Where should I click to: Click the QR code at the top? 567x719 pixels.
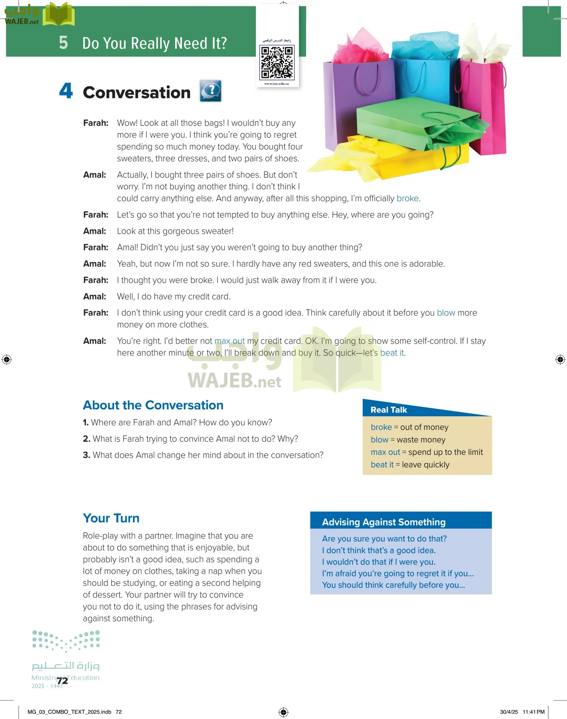(x=277, y=62)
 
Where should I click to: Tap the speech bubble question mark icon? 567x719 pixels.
(x=211, y=91)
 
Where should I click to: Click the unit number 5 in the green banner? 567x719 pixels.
(x=63, y=42)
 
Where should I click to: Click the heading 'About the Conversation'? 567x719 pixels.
(x=153, y=405)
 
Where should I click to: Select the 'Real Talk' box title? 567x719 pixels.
(x=389, y=410)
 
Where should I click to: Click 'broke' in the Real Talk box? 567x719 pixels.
(x=381, y=427)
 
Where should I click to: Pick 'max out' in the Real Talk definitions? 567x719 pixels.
(x=385, y=452)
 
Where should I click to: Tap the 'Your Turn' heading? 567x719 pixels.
(x=111, y=518)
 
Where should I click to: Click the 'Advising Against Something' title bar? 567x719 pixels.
(x=383, y=522)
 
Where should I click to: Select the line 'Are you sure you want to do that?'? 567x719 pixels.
(x=384, y=538)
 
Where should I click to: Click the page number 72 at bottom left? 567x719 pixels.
(x=62, y=681)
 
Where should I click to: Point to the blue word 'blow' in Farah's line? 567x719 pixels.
(x=446, y=313)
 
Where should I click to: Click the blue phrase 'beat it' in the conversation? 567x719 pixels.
(x=392, y=353)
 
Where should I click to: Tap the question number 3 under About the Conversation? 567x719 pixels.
(x=86, y=455)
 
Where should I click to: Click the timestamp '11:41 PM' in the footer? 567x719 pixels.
(x=533, y=712)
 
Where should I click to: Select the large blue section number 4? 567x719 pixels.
(x=66, y=91)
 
